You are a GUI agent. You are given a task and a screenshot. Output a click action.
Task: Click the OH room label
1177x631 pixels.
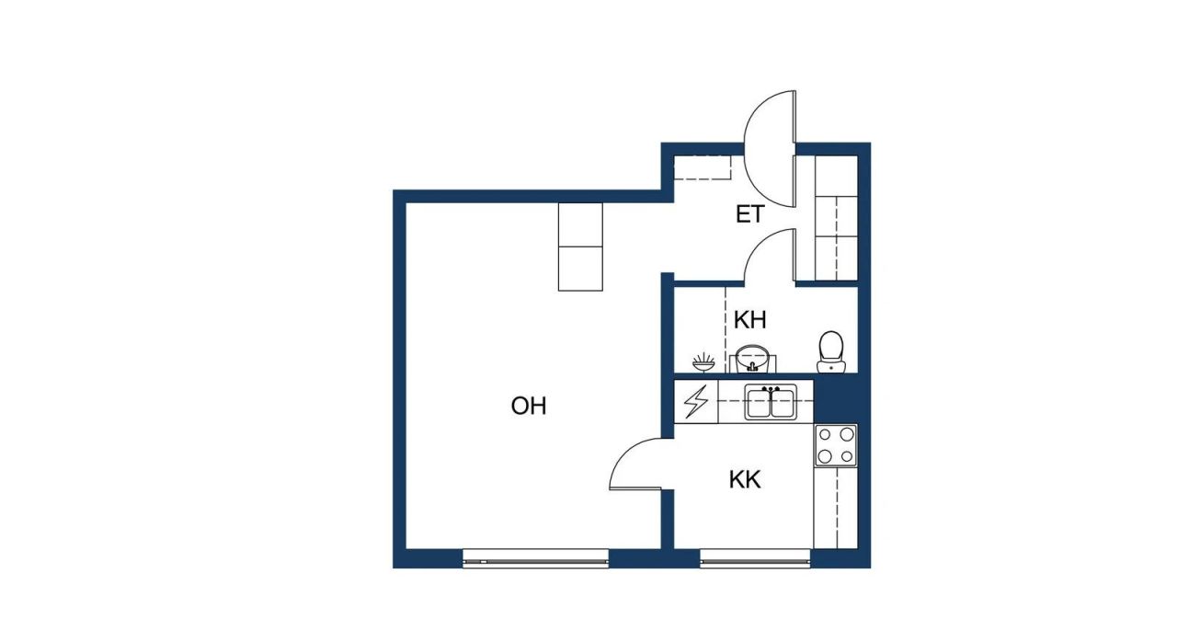[x=529, y=406]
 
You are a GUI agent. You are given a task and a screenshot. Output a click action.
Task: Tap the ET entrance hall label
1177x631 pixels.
[x=749, y=215]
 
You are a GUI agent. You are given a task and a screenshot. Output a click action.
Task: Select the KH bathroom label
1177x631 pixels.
[x=749, y=320]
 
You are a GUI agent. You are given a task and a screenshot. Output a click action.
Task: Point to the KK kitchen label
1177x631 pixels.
[x=745, y=479]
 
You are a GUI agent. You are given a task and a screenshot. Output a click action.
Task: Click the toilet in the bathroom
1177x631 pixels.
[x=831, y=350]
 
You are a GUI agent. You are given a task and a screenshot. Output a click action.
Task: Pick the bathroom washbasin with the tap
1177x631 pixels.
[x=752, y=358]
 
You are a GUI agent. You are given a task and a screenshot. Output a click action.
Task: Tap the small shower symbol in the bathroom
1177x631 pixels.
[x=703, y=359]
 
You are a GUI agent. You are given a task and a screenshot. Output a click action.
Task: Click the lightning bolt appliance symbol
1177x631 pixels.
[x=697, y=402]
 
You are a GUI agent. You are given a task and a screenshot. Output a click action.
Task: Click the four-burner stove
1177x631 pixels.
[x=835, y=445]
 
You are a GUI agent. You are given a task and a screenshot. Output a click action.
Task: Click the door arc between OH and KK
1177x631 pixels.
[x=637, y=465]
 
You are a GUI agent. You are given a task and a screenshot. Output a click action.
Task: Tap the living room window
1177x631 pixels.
[x=535, y=557]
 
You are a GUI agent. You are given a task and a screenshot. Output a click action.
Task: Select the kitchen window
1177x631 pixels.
[x=755, y=557]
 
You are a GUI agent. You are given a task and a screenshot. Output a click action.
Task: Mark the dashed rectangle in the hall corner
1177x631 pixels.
[x=703, y=167]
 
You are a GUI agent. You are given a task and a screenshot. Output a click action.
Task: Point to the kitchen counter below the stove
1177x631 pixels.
[x=835, y=507]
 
